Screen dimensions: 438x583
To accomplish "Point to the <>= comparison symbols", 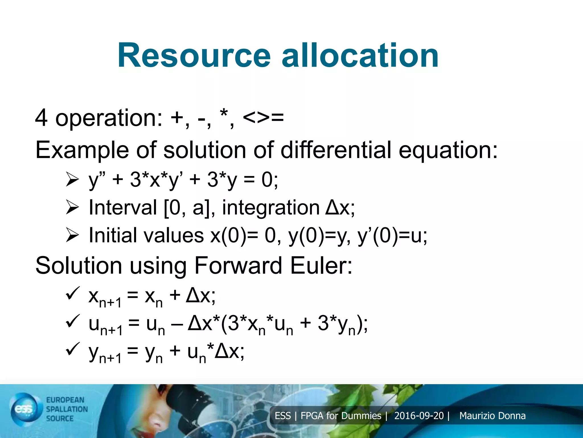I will pos(263,117).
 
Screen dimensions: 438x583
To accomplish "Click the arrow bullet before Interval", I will pos(72,207).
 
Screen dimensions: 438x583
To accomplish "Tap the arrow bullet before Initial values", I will pos(72,235).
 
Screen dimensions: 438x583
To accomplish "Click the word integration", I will pos(271,207).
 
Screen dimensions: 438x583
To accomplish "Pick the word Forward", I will pos(238,266).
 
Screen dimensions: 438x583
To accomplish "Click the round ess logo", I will pos(25,409).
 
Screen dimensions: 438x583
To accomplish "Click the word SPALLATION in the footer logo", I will pos(67,409).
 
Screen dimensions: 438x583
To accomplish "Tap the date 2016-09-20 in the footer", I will pos(419,416).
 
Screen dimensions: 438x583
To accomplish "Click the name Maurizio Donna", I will pos(492,416).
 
